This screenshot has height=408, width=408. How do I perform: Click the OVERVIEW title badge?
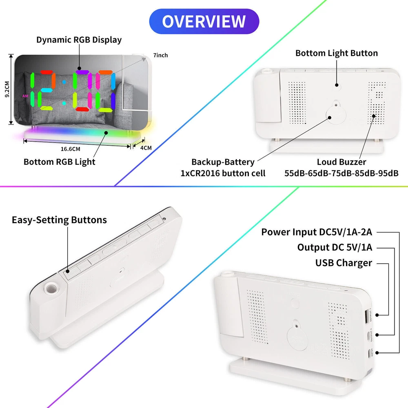click(204, 21)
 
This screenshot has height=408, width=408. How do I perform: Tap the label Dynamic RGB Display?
click(79, 40)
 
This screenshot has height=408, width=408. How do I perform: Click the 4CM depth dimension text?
click(146, 148)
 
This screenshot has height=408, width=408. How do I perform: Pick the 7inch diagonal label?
click(160, 55)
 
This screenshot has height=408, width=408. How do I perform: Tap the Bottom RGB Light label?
click(59, 162)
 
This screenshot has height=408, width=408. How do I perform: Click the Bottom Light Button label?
click(337, 53)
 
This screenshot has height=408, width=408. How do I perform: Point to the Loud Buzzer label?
click(341, 162)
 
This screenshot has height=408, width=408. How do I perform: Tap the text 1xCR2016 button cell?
click(223, 173)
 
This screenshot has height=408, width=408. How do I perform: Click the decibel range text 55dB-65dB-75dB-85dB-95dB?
click(341, 173)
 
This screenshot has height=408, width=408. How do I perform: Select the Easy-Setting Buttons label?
click(59, 220)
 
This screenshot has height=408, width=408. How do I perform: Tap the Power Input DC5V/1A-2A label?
click(317, 232)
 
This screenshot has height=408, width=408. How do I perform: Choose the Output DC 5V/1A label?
click(335, 247)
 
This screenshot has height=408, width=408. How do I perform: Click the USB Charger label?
click(344, 263)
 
